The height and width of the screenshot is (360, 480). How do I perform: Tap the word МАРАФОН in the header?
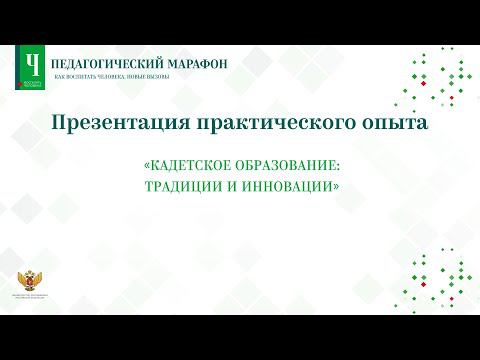pyautogui.click(x=196, y=63)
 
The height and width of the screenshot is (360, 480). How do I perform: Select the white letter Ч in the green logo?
pyautogui.click(x=33, y=65)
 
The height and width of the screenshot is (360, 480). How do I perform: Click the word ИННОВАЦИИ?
pyautogui.click(x=283, y=186)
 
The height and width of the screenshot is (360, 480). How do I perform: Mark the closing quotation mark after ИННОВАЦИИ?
pyautogui.click(x=330, y=186)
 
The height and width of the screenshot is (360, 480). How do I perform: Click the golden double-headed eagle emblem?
pyautogui.click(x=29, y=284)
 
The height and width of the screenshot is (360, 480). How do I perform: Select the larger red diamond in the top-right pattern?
pyautogui.click(x=424, y=84)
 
